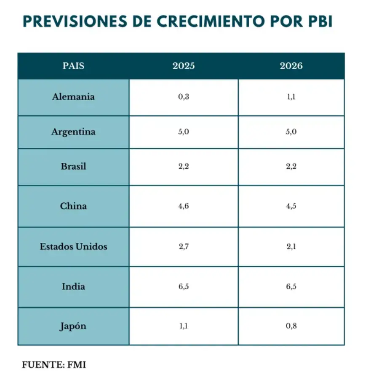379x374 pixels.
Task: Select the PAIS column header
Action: coord(73,66)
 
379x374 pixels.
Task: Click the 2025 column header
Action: coord(184,66)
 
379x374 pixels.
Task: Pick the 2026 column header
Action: coord(291,66)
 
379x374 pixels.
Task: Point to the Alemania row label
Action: coord(73,97)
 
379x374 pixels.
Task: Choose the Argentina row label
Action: coord(73,132)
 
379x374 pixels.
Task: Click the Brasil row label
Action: coord(73,166)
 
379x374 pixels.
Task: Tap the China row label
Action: coord(73,206)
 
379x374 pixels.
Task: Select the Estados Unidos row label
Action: coord(73,247)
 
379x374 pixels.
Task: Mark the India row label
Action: coord(73,287)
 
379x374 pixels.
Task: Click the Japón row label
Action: coord(73,326)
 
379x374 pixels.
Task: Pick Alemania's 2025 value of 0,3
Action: coord(184,97)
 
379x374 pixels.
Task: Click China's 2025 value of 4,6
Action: coord(184,206)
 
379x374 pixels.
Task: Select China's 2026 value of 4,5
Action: coord(291,206)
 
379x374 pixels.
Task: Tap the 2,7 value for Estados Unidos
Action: coord(184,247)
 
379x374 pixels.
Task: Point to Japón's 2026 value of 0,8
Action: coord(291,326)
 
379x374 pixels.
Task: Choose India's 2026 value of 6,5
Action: coord(291,287)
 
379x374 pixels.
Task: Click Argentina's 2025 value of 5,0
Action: coord(184,132)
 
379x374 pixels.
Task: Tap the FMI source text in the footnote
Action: coord(77,364)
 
